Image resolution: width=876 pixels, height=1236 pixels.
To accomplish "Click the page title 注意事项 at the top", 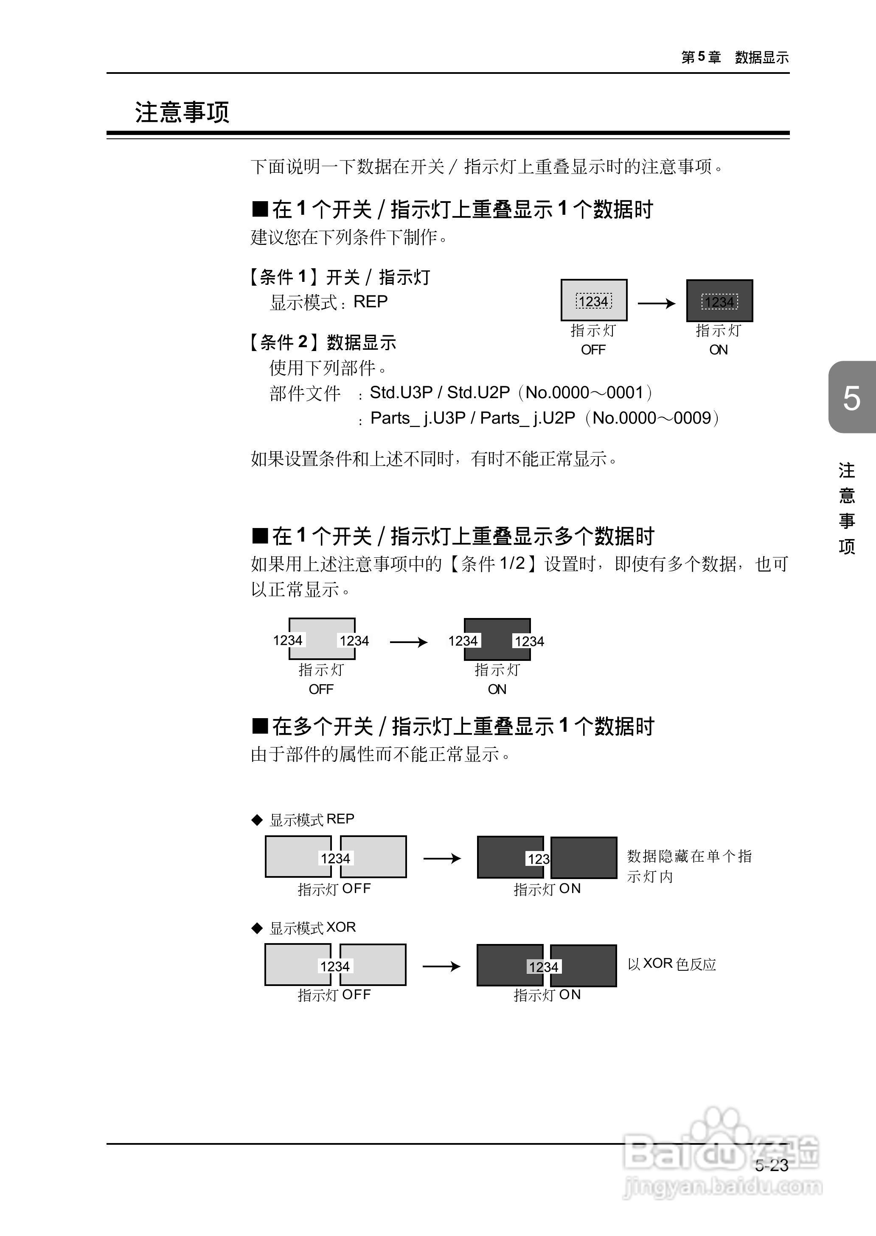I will click(x=182, y=112).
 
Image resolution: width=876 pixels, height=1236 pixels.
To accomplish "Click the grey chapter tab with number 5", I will click(x=851, y=398).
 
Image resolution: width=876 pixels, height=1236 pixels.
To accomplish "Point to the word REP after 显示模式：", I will click(x=370, y=302).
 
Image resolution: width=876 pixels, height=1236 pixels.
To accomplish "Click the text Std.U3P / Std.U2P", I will click(x=440, y=392).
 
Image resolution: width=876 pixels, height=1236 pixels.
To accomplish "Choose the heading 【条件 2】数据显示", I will click(x=323, y=342).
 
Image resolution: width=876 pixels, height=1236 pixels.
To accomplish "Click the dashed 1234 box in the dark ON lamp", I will click(x=719, y=302).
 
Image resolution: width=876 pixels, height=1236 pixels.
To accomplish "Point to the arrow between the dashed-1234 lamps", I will click(x=657, y=303).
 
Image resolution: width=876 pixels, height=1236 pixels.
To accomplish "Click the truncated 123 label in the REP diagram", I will click(x=538, y=859).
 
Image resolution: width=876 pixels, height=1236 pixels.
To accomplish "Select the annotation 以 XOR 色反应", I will click(x=671, y=964).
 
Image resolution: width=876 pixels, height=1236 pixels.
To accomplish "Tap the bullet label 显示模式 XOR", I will click(x=312, y=927).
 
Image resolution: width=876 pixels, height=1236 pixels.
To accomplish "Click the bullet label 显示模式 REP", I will click(x=312, y=820).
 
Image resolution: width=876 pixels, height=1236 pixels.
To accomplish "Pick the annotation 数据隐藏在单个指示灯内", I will click(x=689, y=866).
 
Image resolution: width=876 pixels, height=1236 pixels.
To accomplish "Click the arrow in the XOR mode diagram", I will click(x=441, y=966).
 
